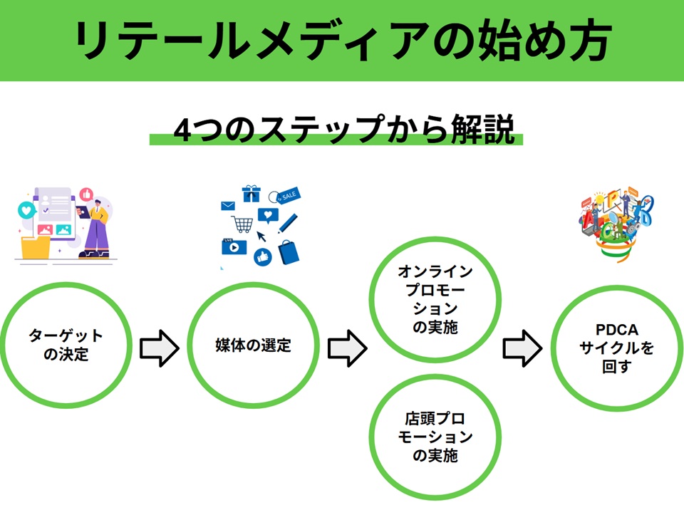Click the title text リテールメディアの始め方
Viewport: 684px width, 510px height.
342,41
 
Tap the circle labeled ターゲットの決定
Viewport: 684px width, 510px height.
66,345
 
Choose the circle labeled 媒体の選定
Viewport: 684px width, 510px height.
253,345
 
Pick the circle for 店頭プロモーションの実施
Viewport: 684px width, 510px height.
435,436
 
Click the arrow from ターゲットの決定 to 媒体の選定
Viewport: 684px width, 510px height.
158,347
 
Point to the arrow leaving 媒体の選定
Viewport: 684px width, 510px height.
346,347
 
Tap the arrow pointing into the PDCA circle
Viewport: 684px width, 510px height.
522,347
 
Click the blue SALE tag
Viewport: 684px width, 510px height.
288,194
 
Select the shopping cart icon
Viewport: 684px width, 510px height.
243,223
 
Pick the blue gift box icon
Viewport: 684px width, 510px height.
252,193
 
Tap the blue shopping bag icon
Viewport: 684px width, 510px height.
289,250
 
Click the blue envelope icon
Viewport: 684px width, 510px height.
228,206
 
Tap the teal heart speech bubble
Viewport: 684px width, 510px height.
26,210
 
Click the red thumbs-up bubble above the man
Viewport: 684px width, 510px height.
87,193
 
